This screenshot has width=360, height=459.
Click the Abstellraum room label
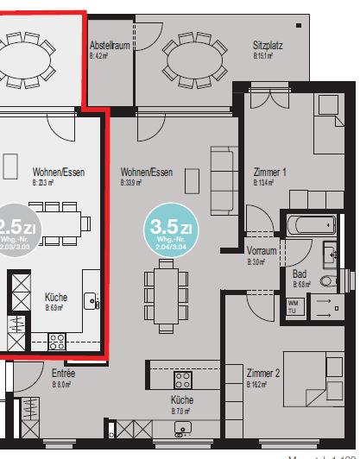pyautogui.click(x=110, y=47)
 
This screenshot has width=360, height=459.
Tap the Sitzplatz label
pyautogui.click(x=268, y=47)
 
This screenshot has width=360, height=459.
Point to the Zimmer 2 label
pyautogui.click(x=263, y=373)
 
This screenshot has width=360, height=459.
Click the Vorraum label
pyautogui.click(x=260, y=251)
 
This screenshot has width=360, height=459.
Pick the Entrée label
pyautogui.click(x=63, y=374)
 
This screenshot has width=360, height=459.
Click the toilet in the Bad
pyautogui.click(x=329, y=281)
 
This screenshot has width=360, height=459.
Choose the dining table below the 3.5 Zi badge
pyautogui.click(x=167, y=293)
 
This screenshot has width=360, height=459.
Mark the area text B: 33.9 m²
pyautogui.click(x=135, y=183)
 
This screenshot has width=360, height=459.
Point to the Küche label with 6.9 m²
pyautogui.click(x=56, y=297)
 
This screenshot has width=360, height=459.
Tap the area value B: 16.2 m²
pyautogui.click(x=258, y=384)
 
